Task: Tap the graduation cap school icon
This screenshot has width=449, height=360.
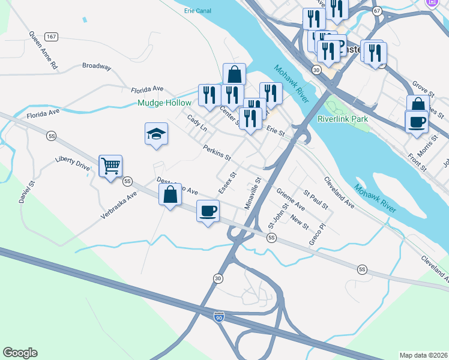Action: (156, 134)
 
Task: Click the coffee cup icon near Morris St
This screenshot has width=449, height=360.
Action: (417, 122)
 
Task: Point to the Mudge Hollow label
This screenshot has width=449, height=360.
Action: (164, 103)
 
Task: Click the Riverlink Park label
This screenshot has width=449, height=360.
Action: (343, 119)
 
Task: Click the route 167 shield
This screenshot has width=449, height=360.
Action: (52, 37)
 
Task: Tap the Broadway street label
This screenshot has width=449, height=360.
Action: (97, 67)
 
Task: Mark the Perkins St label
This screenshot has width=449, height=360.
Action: (217, 152)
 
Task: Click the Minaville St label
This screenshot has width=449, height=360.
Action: (252, 193)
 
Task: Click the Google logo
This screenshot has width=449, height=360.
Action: (20, 353)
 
